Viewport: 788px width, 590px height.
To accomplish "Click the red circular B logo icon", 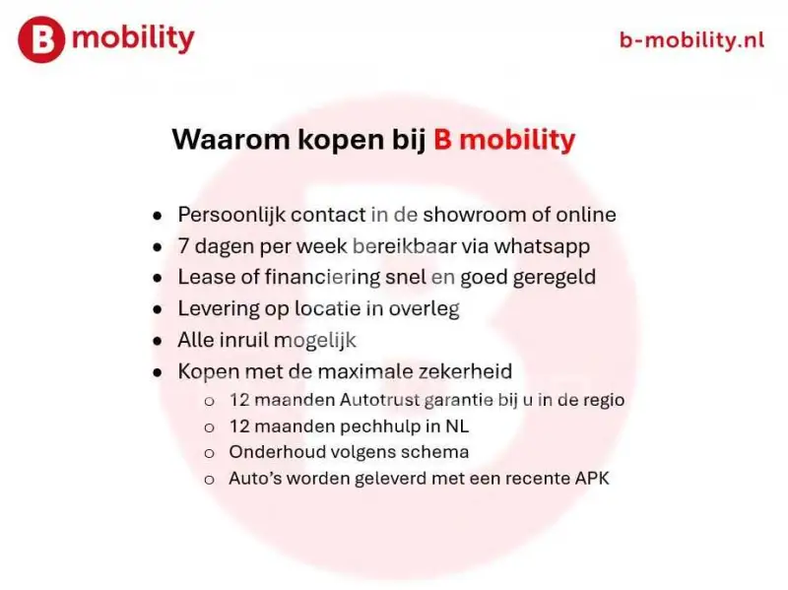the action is [x=41, y=39].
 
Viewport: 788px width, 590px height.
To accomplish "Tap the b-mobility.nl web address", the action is [x=691, y=39].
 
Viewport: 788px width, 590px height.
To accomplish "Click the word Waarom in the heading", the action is [x=231, y=139].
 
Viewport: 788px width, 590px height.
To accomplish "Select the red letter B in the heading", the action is [x=442, y=139].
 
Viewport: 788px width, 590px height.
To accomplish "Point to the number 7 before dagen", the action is [x=183, y=246].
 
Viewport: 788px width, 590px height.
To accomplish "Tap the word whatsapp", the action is [x=542, y=247].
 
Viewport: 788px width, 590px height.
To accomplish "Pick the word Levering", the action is [x=219, y=309].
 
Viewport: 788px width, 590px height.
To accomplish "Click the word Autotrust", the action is [x=379, y=400].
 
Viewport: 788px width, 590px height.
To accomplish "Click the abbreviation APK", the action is [x=592, y=479].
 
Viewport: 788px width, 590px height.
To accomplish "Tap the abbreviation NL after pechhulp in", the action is [x=457, y=426].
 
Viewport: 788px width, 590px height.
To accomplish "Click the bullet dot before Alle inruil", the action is [x=158, y=341].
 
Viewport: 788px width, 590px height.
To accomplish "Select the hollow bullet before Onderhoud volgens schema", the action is [x=209, y=454].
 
